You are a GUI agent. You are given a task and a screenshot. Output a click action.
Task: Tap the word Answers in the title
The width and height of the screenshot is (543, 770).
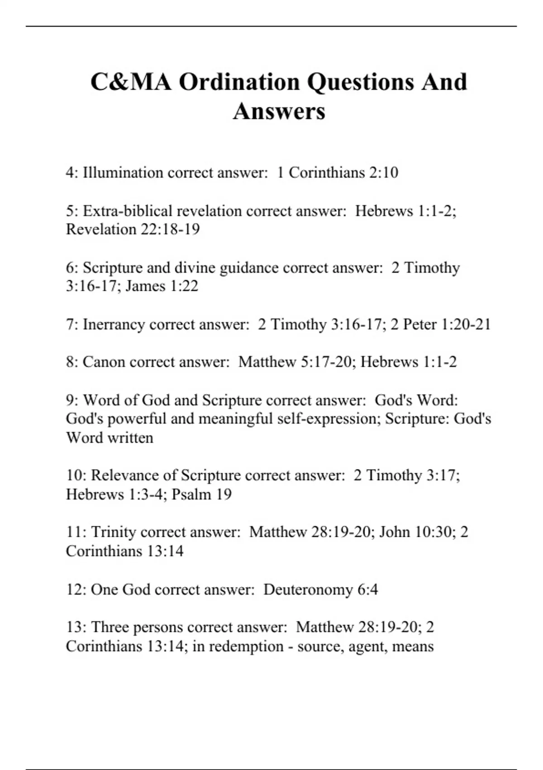click(x=279, y=111)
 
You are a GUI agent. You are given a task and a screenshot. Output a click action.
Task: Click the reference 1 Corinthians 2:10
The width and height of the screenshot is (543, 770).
click(x=338, y=173)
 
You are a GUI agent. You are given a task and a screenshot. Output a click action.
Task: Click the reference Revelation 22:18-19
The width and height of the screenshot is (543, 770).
click(x=133, y=230)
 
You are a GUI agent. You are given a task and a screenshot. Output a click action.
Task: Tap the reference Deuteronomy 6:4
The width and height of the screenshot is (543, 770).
click(x=320, y=590)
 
